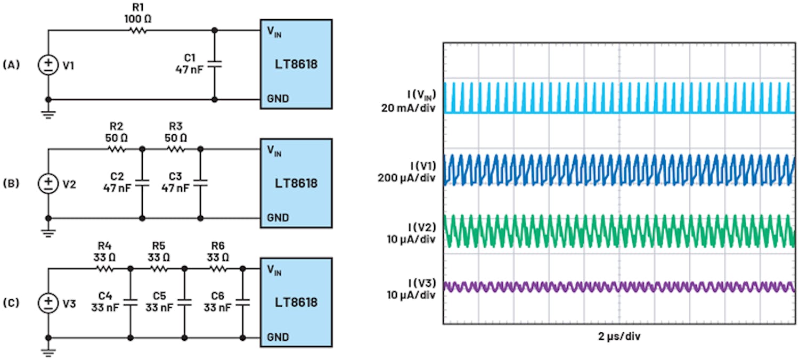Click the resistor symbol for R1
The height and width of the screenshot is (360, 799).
point(137,30)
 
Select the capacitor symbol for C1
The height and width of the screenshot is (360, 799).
point(214,64)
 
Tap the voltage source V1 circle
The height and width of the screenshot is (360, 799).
point(48,65)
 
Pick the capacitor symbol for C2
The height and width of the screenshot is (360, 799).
point(142,183)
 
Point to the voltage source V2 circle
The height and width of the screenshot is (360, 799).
point(48,184)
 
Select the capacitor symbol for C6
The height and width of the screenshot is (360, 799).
point(242,302)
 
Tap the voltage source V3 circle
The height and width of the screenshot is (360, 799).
point(48,303)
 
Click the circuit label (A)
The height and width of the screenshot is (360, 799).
point(11,65)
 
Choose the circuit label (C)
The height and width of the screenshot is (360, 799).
point(11,303)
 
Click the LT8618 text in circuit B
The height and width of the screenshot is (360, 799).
point(296,184)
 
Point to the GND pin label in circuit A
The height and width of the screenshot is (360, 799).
point(278,99)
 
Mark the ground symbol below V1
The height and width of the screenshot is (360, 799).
point(48,115)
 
